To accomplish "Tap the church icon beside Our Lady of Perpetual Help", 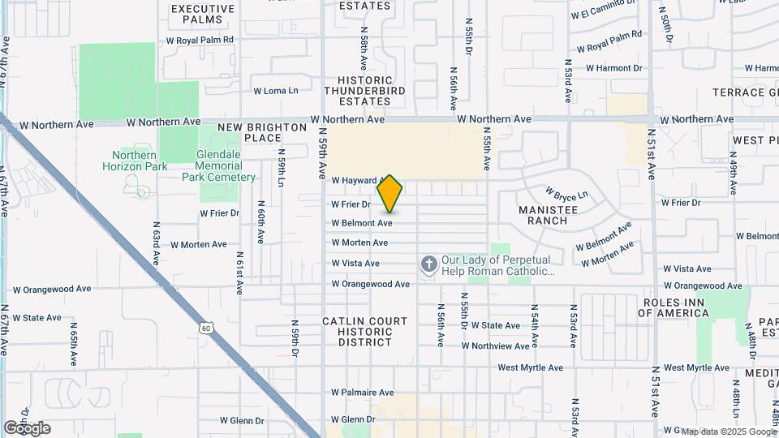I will click(x=428, y=264).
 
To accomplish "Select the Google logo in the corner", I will click(x=27, y=428).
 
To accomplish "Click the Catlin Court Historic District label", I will click(x=364, y=332).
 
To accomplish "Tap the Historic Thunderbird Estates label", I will click(x=365, y=91).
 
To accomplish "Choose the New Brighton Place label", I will click(x=250, y=133).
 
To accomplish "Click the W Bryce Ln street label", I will click(x=566, y=194).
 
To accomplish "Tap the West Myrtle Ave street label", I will click(x=530, y=367).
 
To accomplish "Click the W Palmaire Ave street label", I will click(x=363, y=393).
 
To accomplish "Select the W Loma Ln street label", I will click(x=276, y=91).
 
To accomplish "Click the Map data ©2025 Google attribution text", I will click(x=728, y=432).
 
